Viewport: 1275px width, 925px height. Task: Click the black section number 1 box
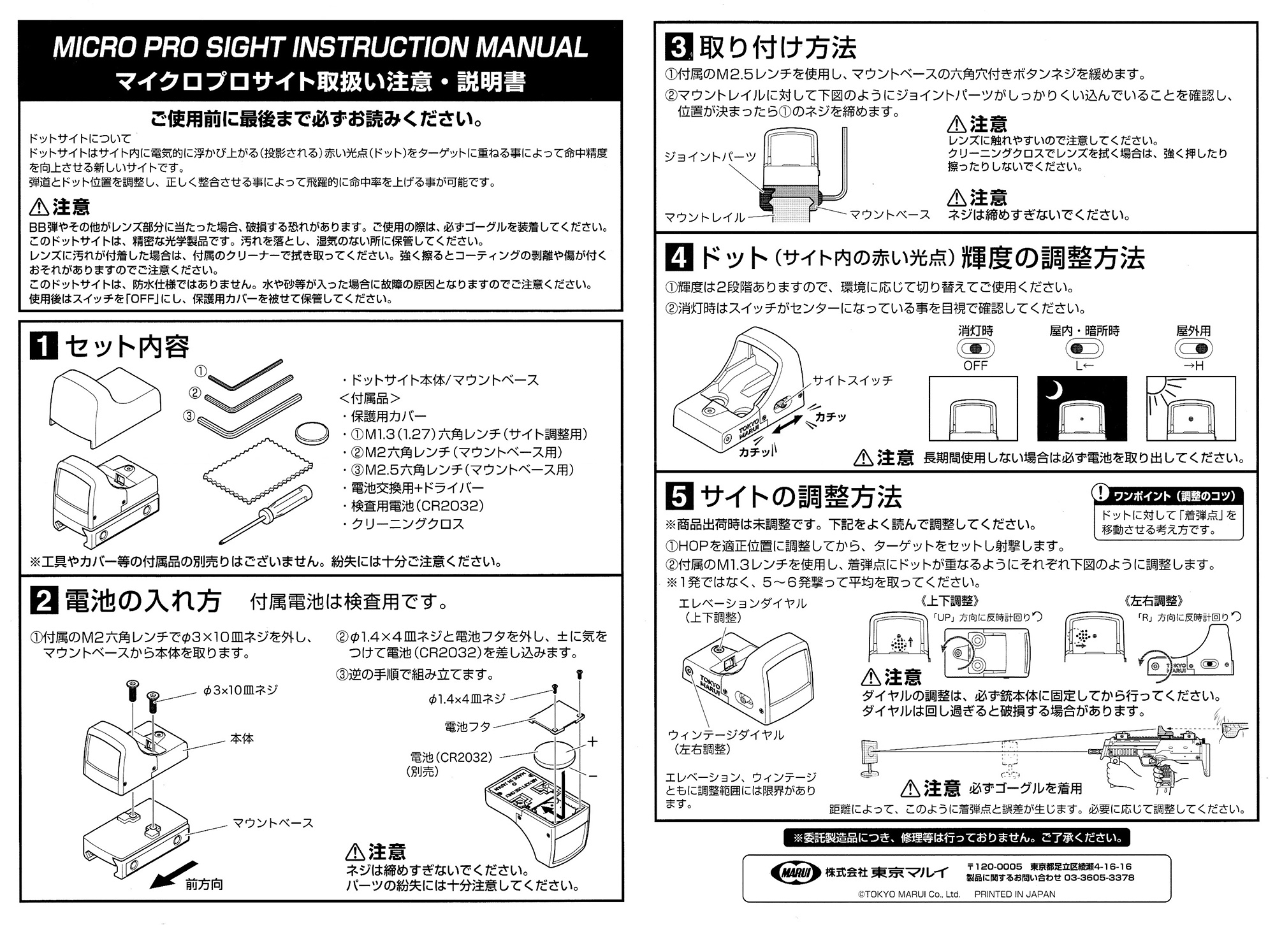44,348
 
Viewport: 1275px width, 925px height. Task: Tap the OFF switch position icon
975,348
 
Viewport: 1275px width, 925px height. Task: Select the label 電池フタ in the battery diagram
467,726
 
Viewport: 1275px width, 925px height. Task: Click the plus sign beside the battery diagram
592,742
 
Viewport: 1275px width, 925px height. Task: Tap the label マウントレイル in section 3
704,217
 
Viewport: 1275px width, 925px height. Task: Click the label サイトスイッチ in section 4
852,380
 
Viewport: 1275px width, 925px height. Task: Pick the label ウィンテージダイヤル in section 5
726,735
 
